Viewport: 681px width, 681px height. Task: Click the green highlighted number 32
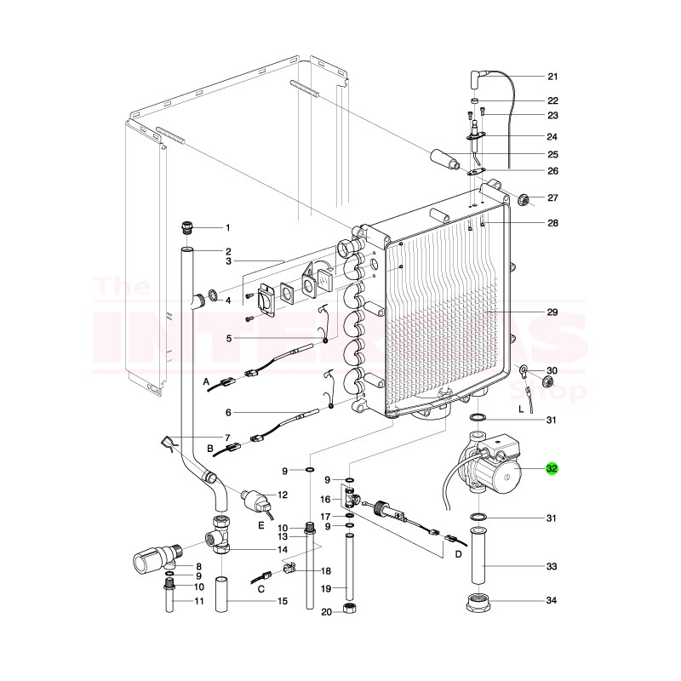[x=552, y=467]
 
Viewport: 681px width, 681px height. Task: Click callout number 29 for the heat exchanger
[x=552, y=312]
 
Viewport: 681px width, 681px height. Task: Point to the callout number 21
[x=552, y=76]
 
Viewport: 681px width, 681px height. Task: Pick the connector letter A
[x=206, y=384]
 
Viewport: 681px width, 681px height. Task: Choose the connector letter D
[x=457, y=554]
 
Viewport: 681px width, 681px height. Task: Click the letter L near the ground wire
[x=521, y=409]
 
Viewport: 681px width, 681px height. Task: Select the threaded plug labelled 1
[x=188, y=227]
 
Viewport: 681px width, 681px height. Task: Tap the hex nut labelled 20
[x=349, y=609]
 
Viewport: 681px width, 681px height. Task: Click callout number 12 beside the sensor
[x=283, y=495]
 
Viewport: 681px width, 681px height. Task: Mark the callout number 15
[x=283, y=603]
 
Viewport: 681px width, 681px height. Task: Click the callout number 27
[x=552, y=197]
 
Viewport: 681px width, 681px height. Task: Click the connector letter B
[x=209, y=449]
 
